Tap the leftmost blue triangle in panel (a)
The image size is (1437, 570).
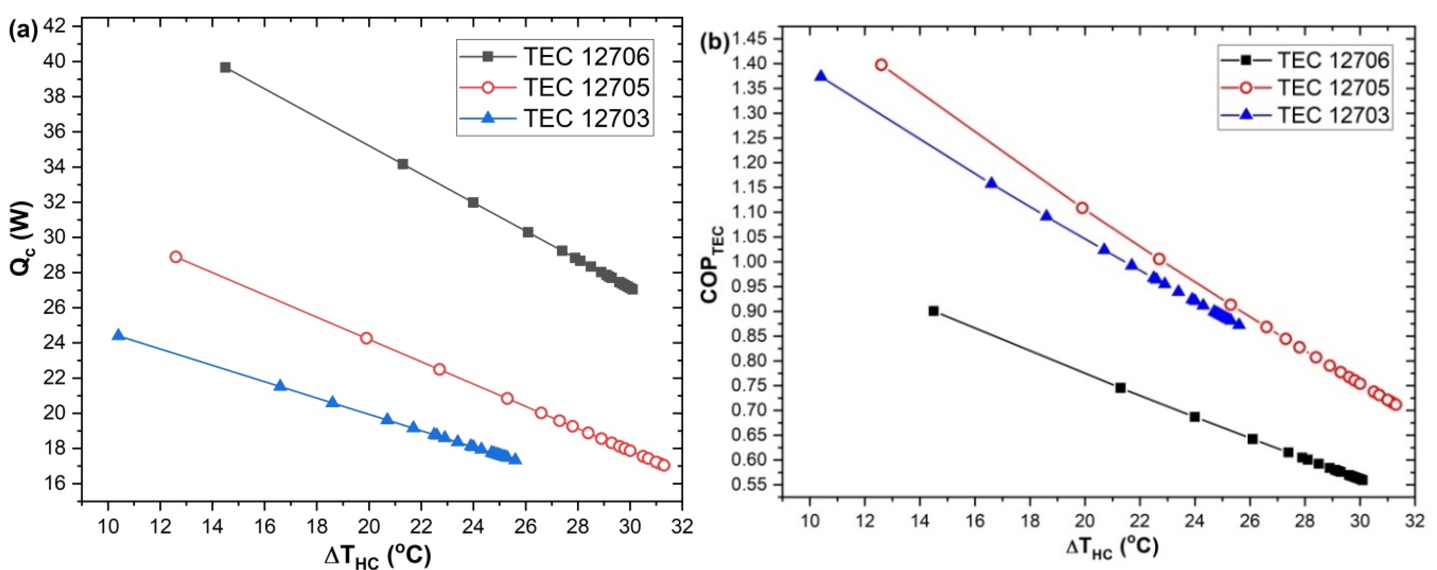(118, 335)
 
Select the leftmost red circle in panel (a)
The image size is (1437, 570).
(176, 256)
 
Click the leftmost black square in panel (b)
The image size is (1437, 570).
(933, 310)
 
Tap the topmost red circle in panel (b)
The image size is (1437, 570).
(881, 65)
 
